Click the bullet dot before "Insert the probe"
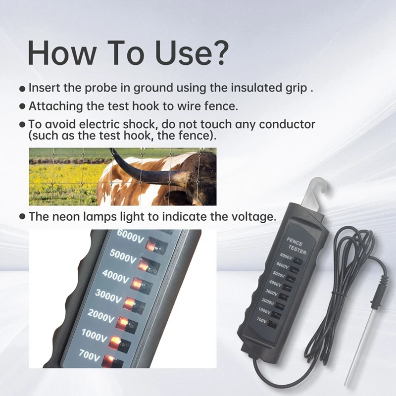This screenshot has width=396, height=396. click(x=22, y=89)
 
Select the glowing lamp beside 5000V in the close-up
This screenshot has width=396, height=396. click(x=143, y=265)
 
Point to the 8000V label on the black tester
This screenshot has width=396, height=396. click(x=287, y=256)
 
